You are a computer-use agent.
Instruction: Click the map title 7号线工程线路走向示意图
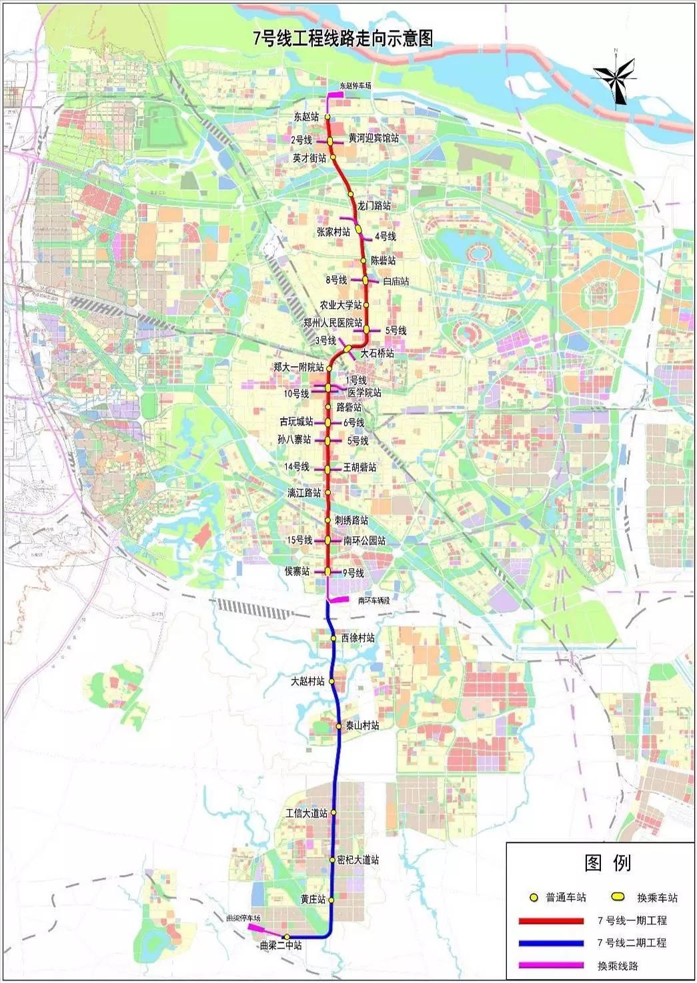(x=343, y=38)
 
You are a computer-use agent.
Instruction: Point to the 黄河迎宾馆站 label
(x=374, y=138)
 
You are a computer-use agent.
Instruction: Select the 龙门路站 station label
(x=374, y=205)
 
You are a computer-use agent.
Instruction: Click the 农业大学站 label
(x=340, y=305)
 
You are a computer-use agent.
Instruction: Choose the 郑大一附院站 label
(x=298, y=367)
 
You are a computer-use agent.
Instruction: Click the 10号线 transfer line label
(x=296, y=394)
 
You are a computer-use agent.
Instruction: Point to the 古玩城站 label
(x=296, y=421)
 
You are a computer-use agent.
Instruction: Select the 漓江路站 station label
(x=304, y=493)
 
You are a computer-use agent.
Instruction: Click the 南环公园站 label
(x=364, y=540)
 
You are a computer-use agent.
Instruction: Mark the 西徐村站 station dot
(x=333, y=638)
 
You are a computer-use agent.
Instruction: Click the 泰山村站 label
(x=361, y=726)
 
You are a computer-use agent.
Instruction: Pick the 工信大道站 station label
(x=306, y=813)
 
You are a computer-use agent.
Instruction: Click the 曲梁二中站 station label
(x=280, y=945)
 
